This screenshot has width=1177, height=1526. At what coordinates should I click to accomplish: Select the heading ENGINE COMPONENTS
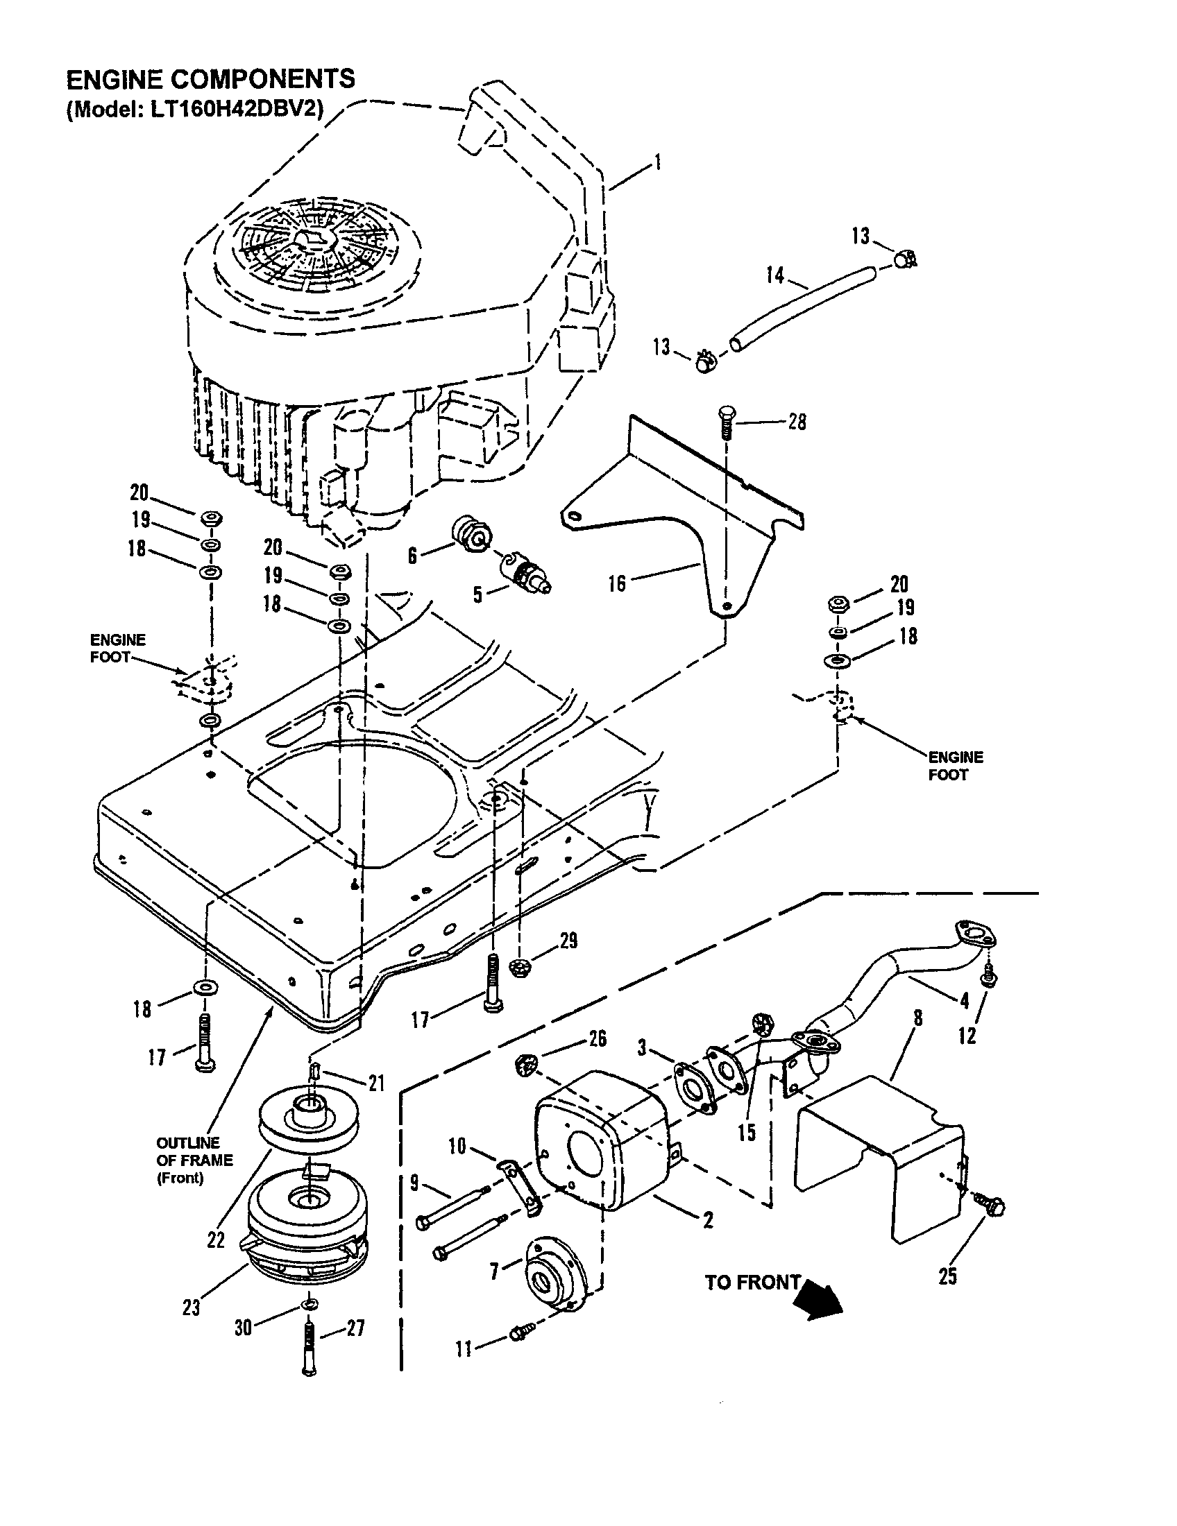tap(210, 79)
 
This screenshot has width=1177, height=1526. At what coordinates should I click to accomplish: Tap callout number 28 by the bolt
tap(797, 422)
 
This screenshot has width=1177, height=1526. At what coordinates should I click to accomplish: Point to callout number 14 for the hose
tap(775, 275)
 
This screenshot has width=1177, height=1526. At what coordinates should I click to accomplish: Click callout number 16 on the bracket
tap(616, 583)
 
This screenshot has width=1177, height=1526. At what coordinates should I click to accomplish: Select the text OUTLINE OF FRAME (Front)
tap(194, 1160)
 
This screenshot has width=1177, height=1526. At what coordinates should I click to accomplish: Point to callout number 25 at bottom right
tap(947, 1276)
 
